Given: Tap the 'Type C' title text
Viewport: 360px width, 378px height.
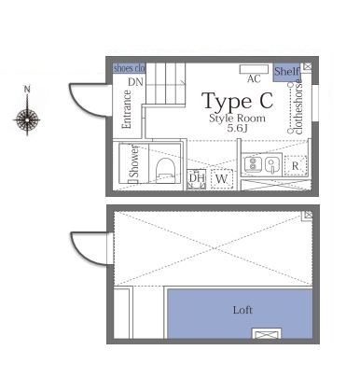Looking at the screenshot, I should (238, 101).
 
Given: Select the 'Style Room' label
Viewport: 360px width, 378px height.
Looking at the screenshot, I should (237, 119).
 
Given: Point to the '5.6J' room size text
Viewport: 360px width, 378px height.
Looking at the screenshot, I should (237, 129).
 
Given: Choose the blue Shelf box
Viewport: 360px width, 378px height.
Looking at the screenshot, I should (286, 71).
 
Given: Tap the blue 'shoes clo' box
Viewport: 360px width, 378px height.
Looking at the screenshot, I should (130, 68).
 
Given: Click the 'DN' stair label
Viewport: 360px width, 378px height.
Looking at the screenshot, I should (135, 83).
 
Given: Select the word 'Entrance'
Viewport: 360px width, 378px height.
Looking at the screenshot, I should (127, 109).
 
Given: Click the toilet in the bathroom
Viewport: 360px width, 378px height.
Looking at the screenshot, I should (165, 167).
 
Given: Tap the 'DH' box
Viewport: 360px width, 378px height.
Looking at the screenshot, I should (197, 177).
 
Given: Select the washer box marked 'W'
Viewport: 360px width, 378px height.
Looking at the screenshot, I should (221, 177).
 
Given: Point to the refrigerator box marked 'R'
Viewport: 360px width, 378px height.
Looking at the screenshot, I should (296, 166).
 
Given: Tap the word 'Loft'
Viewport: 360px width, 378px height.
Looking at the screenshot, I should (242, 310).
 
